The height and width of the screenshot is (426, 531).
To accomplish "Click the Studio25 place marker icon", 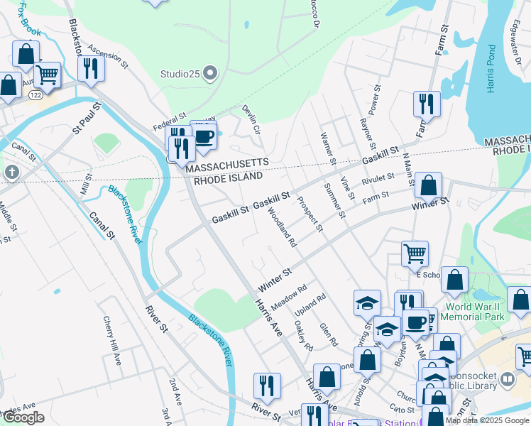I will click(x=210, y=72).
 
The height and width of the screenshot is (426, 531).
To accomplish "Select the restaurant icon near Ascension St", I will click(x=91, y=68).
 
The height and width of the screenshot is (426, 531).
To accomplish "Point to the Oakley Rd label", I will click(x=303, y=337).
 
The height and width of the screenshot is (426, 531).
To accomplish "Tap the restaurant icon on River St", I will click(x=267, y=386).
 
